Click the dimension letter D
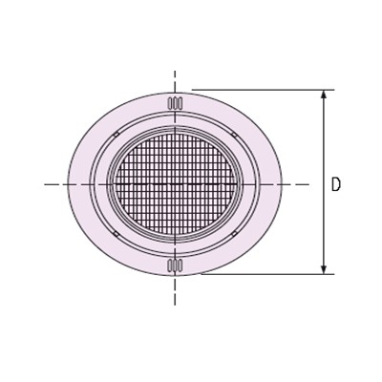336,184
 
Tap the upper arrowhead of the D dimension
324,95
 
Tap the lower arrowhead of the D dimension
324,268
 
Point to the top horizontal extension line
263,90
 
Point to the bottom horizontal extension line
267,274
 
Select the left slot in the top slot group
170,103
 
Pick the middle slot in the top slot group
175,103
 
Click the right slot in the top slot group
180,103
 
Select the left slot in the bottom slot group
170,265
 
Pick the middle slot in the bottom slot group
175,265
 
